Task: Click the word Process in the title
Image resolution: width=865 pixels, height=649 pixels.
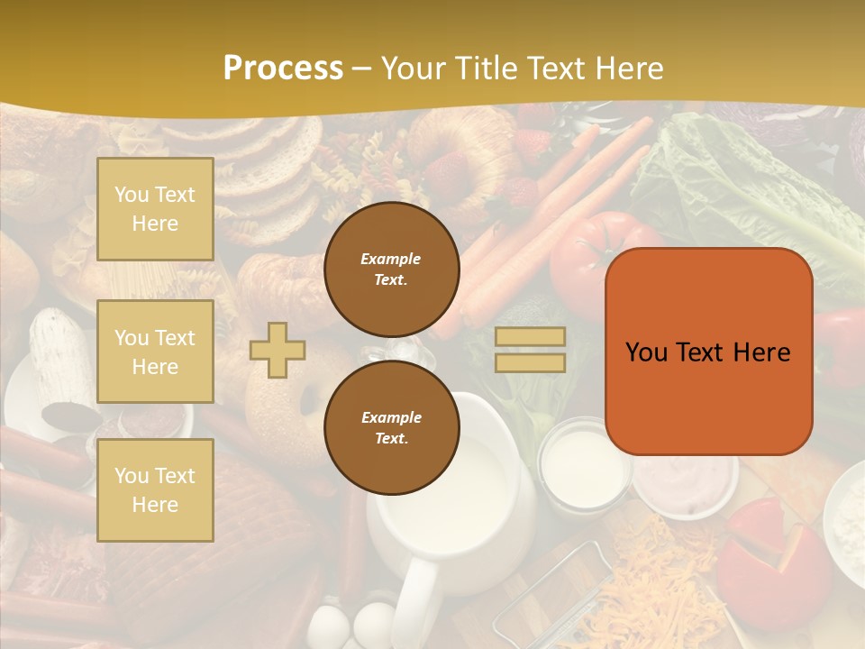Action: click(x=283, y=69)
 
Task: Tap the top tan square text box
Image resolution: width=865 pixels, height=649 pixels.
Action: click(x=155, y=209)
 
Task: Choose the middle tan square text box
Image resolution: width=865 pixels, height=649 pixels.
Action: click(x=155, y=352)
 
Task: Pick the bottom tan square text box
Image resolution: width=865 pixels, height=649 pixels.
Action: click(x=155, y=489)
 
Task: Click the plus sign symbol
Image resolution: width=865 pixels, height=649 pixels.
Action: click(x=278, y=350)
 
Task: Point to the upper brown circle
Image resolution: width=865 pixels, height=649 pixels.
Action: click(x=391, y=270)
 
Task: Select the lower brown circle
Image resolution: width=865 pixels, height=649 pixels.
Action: click(x=391, y=428)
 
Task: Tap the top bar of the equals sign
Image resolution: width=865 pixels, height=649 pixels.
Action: click(x=530, y=336)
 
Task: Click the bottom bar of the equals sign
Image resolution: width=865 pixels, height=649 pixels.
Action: click(x=530, y=362)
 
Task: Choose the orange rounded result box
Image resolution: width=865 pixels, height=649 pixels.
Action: click(x=708, y=352)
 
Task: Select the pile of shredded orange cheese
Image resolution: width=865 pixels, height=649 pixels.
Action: click(x=649, y=577)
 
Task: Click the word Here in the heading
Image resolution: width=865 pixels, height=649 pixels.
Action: click(x=629, y=69)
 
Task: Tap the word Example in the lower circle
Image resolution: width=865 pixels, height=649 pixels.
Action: click(x=391, y=417)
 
